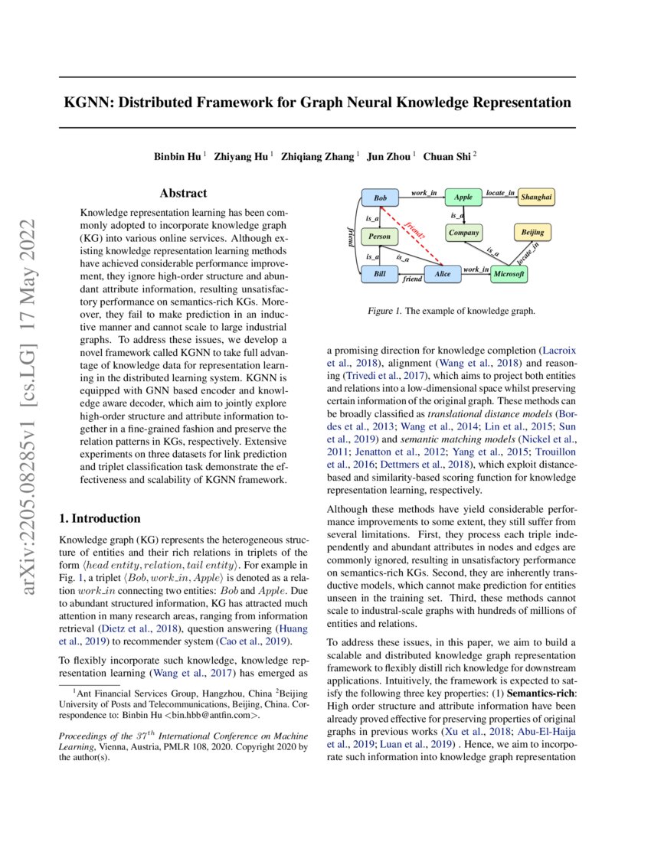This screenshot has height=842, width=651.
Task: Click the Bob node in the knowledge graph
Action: [380, 198]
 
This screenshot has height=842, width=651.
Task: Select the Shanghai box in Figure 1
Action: [536, 198]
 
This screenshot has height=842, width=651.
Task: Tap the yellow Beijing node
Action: [532, 232]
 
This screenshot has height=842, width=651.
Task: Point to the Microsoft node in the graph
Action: [509, 273]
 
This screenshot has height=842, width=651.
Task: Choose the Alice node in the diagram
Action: [442, 273]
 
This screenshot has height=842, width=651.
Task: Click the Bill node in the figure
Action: [380, 273]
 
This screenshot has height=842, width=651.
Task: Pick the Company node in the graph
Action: [463, 232]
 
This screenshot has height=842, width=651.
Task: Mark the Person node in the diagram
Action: [380, 237]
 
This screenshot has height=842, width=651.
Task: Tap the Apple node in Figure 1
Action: [463, 198]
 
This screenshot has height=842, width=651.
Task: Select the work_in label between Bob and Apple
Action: [424, 193]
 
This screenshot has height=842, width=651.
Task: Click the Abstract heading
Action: [183, 194]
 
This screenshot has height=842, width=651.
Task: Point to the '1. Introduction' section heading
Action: [100, 518]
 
